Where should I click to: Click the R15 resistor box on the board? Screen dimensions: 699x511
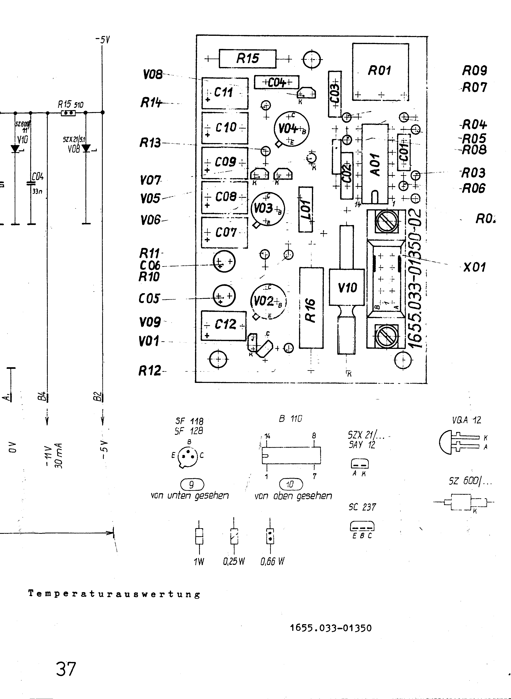click(247, 59)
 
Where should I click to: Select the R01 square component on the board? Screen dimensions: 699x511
click(380, 72)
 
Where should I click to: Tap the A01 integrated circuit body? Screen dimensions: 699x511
click(375, 164)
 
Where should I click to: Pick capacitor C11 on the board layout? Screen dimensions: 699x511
click(225, 93)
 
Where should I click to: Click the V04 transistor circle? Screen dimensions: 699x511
click(291, 129)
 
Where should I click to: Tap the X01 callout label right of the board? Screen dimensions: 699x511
click(474, 267)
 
